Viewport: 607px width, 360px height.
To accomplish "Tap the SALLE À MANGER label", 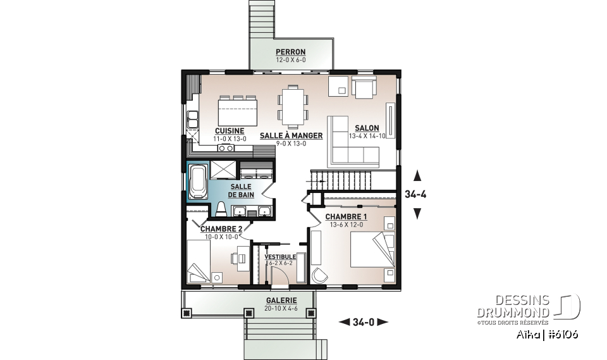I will point(291,135).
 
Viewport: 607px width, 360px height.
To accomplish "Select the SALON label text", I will point(367,128).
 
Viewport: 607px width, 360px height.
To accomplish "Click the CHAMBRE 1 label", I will point(346,216).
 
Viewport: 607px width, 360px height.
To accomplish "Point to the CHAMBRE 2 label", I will point(221,228).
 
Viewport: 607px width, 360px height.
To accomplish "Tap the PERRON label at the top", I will point(290,52).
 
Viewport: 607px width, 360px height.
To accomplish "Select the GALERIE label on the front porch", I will point(281,301).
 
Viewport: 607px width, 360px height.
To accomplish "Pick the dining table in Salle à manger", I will point(295,105).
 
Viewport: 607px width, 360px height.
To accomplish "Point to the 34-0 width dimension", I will point(364,322).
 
